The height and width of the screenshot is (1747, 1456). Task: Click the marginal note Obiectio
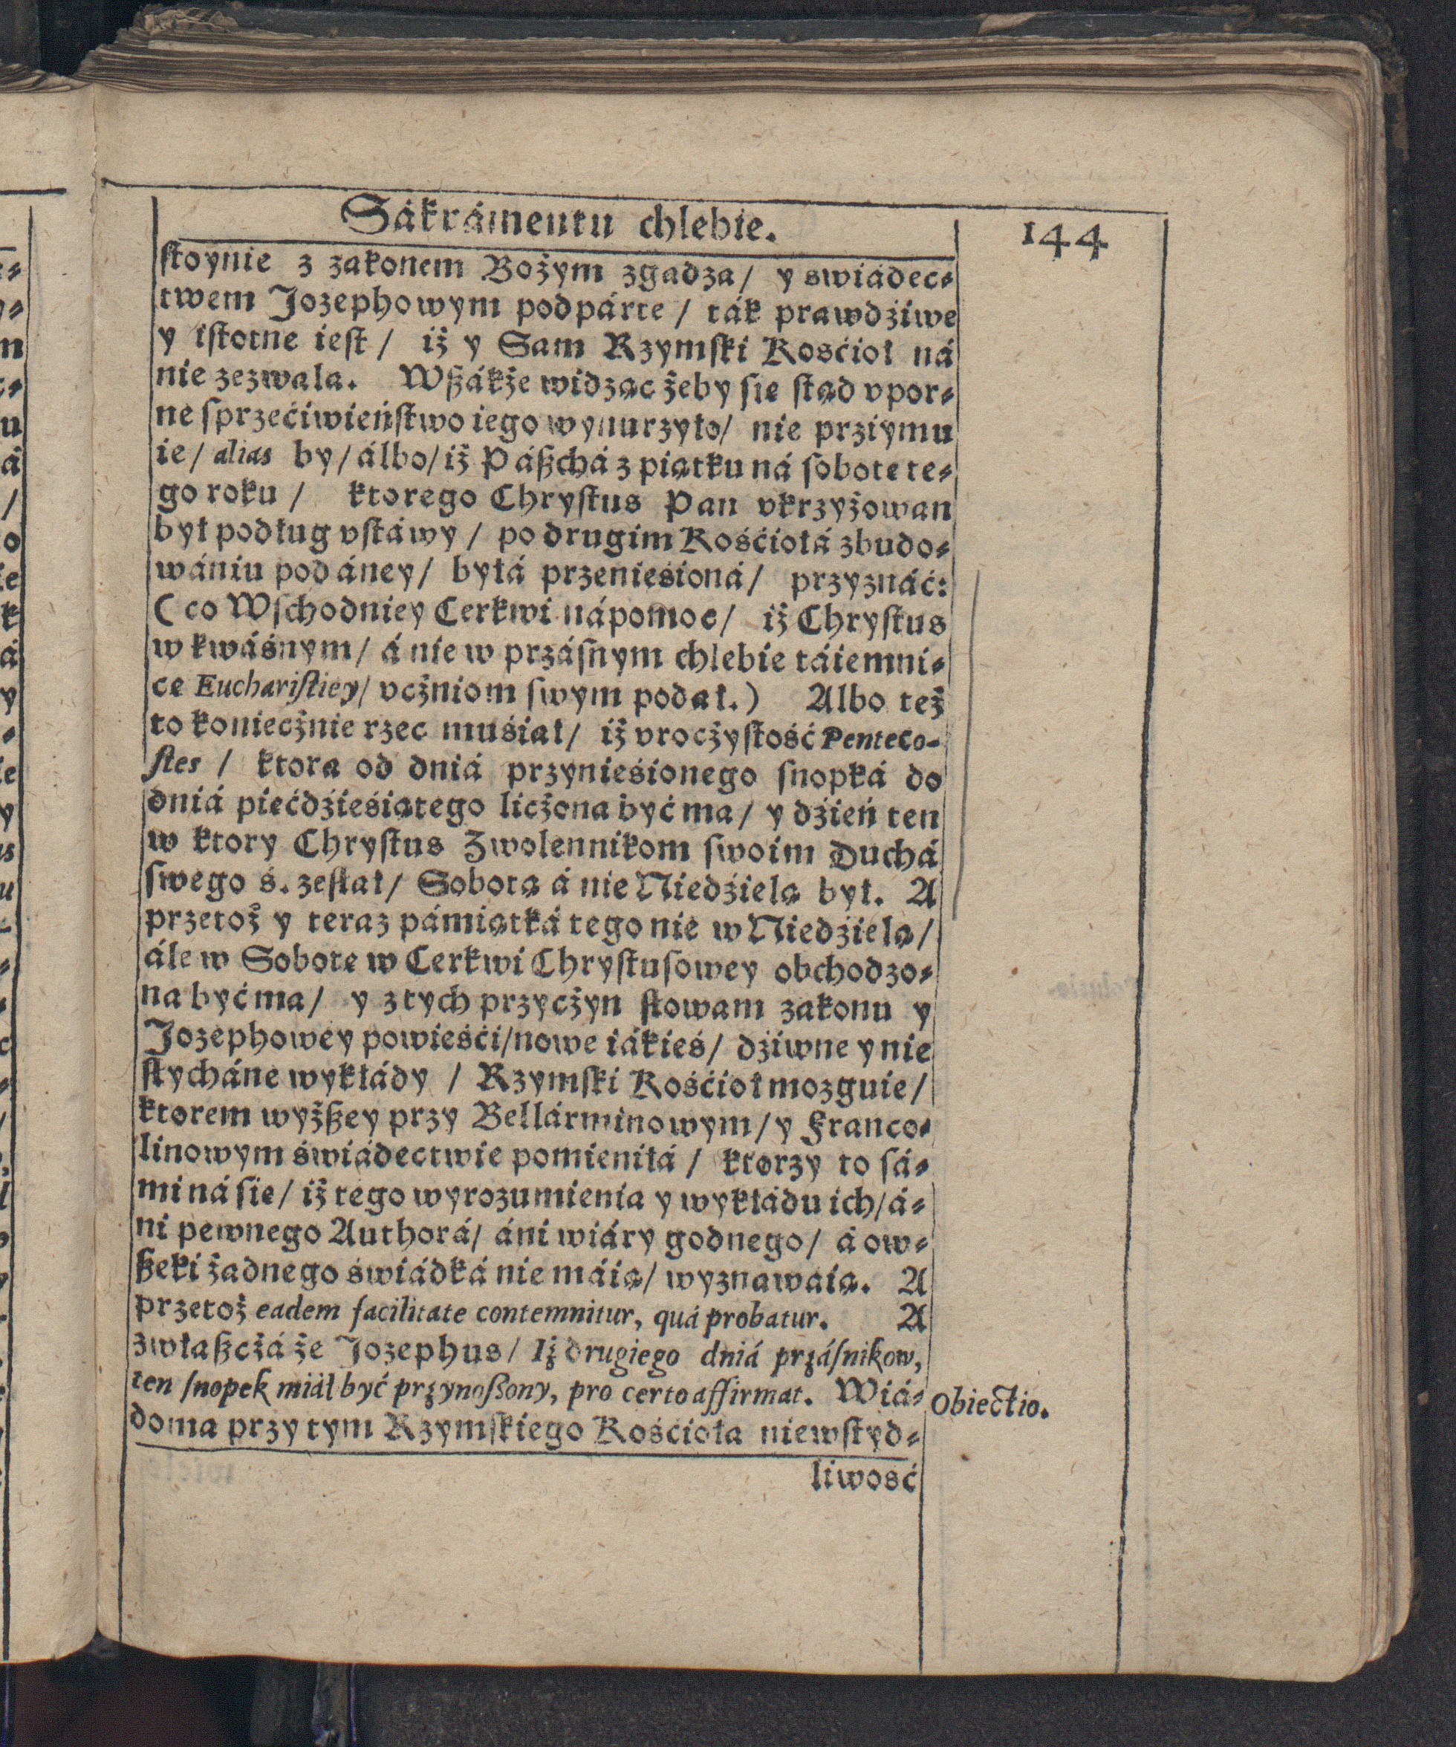pos(987,1406)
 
